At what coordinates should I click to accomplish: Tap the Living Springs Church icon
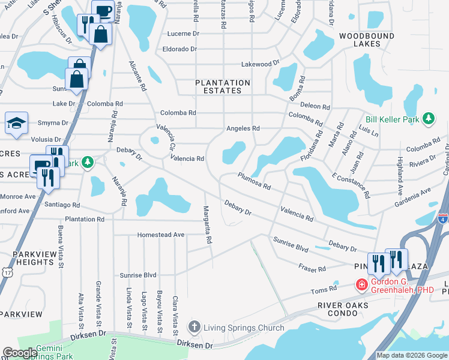(194, 328)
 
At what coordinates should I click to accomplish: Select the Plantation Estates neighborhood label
(222, 86)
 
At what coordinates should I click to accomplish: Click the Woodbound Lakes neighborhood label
(359, 40)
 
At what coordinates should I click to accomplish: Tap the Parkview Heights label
(28, 258)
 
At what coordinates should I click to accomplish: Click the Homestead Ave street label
(160, 235)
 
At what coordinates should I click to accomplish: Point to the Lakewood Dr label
(261, 63)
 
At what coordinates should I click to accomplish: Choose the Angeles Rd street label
(243, 128)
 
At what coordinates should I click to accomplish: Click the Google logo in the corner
(20, 353)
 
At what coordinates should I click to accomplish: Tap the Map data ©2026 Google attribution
(412, 355)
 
